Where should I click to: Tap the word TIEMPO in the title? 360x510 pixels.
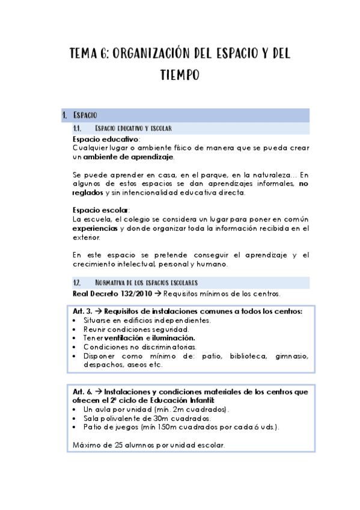click(x=180, y=76)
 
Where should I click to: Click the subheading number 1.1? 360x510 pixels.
click(x=77, y=128)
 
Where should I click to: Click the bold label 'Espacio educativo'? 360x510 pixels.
click(x=105, y=140)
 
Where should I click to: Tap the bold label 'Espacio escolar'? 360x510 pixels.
click(x=99, y=210)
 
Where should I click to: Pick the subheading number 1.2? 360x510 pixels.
click(x=77, y=282)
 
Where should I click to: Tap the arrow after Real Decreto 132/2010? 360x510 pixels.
click(x=156, y=293)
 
